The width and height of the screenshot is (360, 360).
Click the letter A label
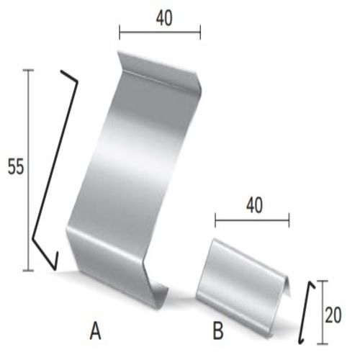click(96, 331)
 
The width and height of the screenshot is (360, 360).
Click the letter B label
click(218, 331)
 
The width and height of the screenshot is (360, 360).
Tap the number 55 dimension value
click(16, 166)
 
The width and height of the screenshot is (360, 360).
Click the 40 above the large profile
click(164, 19)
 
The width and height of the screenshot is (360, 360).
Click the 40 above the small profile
click(255, 205)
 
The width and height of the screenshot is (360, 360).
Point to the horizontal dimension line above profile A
click(160, 32)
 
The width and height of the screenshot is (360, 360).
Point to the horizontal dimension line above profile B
click(252, 220)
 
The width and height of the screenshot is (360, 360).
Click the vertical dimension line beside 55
click(29, 170)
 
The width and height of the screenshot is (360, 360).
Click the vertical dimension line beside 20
click(323, 312)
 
